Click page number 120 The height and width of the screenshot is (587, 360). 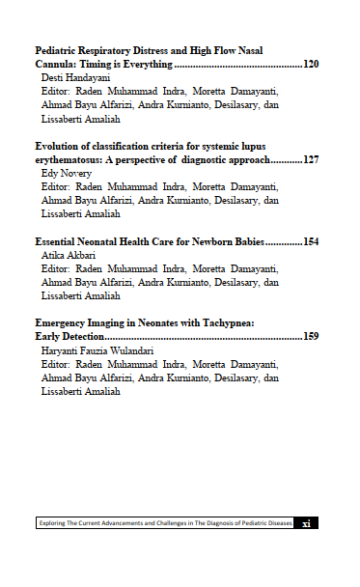311,64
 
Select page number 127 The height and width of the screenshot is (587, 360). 311,158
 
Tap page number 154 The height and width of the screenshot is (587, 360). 311,241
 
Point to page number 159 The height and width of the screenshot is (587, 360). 311,337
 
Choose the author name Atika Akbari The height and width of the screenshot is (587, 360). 67,255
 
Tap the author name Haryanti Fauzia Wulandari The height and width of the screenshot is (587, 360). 97,351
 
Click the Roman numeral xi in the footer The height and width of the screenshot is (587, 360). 306,524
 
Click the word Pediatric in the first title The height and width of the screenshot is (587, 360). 57,50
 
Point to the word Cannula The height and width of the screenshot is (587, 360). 56,64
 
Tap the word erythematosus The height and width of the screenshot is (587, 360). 72,158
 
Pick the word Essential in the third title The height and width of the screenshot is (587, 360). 58,241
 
